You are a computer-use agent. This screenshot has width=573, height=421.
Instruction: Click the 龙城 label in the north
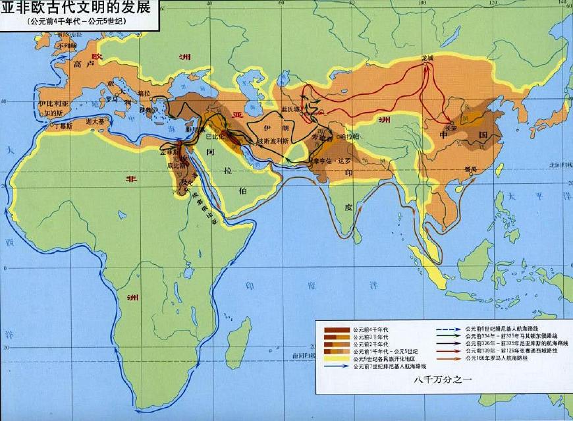428,59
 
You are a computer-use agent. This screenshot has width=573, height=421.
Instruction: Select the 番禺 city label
470,169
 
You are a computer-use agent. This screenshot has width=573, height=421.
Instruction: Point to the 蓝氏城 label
290,109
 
